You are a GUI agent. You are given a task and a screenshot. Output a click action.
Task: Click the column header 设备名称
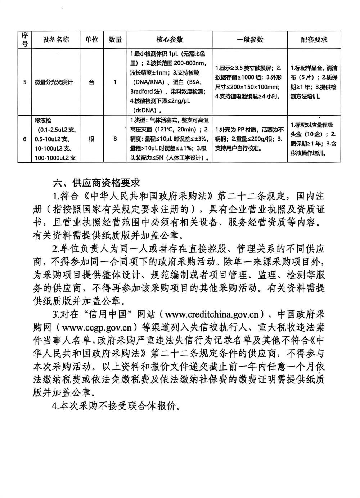tap(55, 40)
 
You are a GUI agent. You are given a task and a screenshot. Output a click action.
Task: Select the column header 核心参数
tap(169, 40)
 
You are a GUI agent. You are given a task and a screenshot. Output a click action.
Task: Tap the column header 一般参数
tap(250, 40)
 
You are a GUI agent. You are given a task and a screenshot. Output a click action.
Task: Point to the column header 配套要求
tap(314, 40)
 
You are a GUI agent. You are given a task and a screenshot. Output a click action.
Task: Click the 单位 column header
tap(91, 40)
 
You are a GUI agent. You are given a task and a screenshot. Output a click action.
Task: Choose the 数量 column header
tap(115, 40)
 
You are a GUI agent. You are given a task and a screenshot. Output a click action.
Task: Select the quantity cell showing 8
tap(115, 139)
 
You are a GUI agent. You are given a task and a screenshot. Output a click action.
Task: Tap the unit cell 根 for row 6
tap(91, 139)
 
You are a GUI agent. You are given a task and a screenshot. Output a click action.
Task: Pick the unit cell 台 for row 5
tap(91, 82)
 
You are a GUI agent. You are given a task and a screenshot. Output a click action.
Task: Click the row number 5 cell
tap(25, 82)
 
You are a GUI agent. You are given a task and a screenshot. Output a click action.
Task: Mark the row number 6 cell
tap(25, 139)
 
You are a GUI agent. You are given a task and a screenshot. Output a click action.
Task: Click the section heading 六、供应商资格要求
tap(96, 183)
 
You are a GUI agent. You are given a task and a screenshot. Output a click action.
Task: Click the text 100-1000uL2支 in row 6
tap(55, 157)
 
